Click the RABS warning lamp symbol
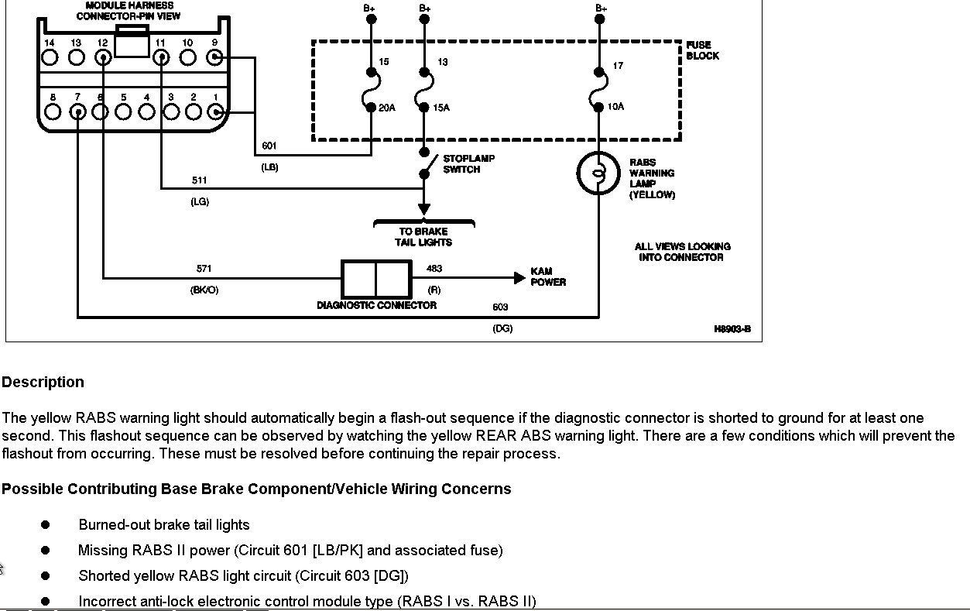pos(598,173)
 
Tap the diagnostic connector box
pos(376,279)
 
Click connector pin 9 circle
pos(214,57)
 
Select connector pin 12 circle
pos(102,57)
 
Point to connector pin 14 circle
pos(50,57)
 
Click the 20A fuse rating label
pos(386,108)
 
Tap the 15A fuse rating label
pos(440,108)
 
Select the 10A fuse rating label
pos(615,107)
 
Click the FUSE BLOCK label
pos(702,50)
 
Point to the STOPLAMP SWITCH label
pos(468,163)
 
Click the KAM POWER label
pos(548,276)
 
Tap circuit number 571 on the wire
pos(204,269)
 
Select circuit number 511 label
pos(200,180)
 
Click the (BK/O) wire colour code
pos(204,290)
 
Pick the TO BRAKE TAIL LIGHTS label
pos(424,236)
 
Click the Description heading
pos(43,382)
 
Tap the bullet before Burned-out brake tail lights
pos(45,524)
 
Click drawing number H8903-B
pos(732,329)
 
